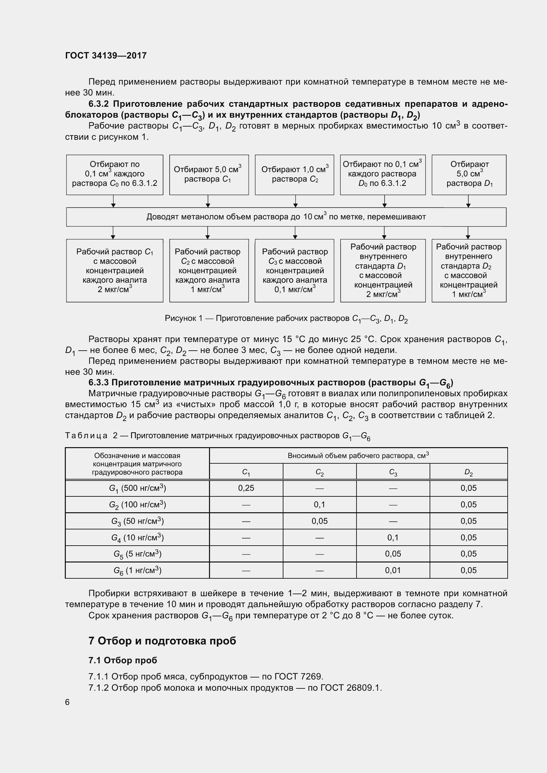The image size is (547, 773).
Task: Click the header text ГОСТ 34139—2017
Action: click(x=106, y=56)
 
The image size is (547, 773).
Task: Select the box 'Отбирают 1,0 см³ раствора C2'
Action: click(x=294, y=174)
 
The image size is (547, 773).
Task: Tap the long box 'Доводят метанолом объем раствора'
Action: click(x=286, y=217)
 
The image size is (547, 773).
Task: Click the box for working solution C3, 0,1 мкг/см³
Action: click(x=294, y=270)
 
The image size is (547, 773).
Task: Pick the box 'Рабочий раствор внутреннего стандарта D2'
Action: click(x=469, y=270)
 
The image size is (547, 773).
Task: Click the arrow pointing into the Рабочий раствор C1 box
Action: click(x=113, y=233)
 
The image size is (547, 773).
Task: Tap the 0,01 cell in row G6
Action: click(x=393, y=570)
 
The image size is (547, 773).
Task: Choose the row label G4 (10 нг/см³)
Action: click(x=137, y=537)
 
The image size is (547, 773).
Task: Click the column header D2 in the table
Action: click(x=468, y=472)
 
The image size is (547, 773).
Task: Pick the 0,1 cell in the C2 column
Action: click(x=319, y=504)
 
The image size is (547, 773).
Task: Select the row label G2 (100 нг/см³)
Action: click(x=137, y=504)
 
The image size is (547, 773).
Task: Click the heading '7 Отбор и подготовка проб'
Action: click(x=162, y=640)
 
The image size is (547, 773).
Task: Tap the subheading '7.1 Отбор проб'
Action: click(x=123, y=660)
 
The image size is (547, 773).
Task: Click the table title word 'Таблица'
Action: click(x=86, y=436)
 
